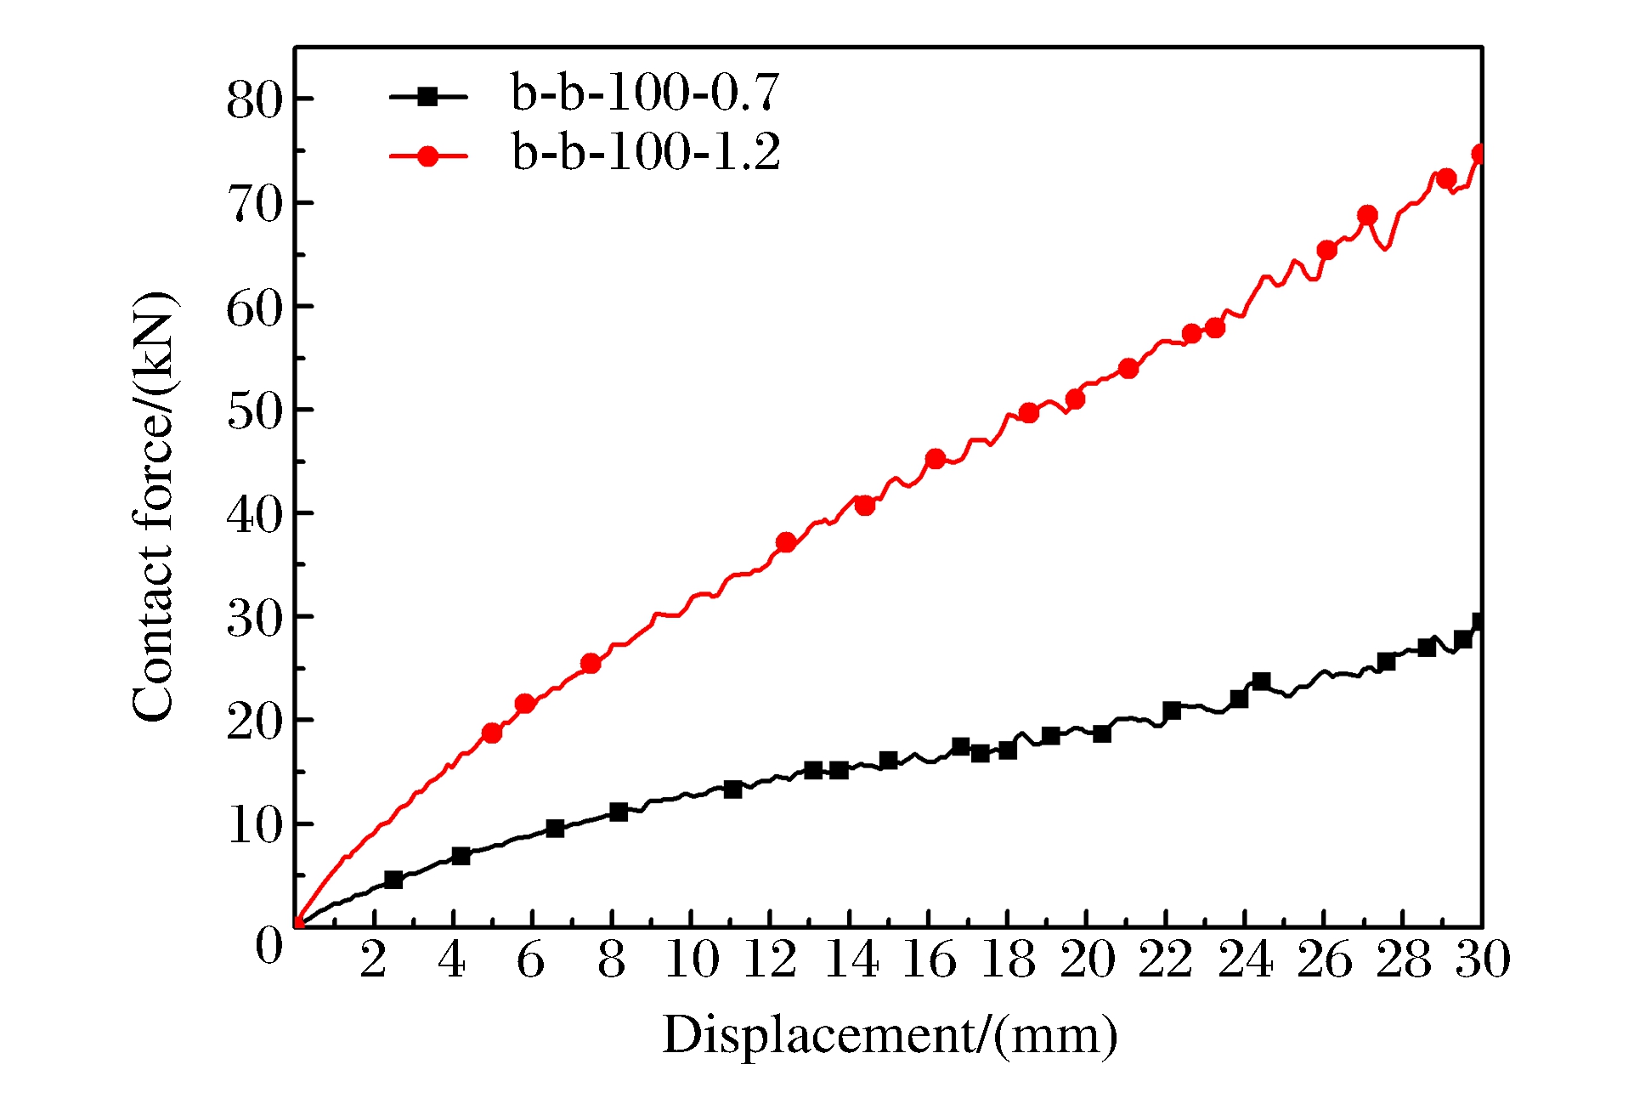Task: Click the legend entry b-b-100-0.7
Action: click(x=644, y=93)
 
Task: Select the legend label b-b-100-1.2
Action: click(x=646, y=153)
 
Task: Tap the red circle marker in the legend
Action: click(x=428, y=156)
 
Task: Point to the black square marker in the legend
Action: click(x=428, y=97)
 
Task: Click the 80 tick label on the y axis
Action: click(x=253, y=100)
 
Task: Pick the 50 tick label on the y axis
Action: click(x=253, y=411)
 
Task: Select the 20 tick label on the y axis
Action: click(x=253, y=722)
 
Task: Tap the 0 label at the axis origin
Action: click(x=269, y=945)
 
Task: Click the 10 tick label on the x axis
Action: click(x=692, y=960)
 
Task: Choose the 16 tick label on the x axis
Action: click(x=929, y=960)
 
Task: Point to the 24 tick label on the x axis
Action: click(x=1245, y=960)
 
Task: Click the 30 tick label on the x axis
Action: click(x=1483, y=960)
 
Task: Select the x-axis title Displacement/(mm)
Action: click(x=890, y=1035)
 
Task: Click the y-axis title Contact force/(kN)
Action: click(x=154, y=507)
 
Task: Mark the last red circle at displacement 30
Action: click(x=1479, y=154)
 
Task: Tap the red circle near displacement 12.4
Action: click(x=786, y=542)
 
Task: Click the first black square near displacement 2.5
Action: click(x=393, y=880)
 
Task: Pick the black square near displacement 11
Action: click(x=733, y=789)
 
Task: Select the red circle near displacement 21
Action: click(x=1128, y=368)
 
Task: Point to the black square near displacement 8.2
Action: click(x=619, y=812)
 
